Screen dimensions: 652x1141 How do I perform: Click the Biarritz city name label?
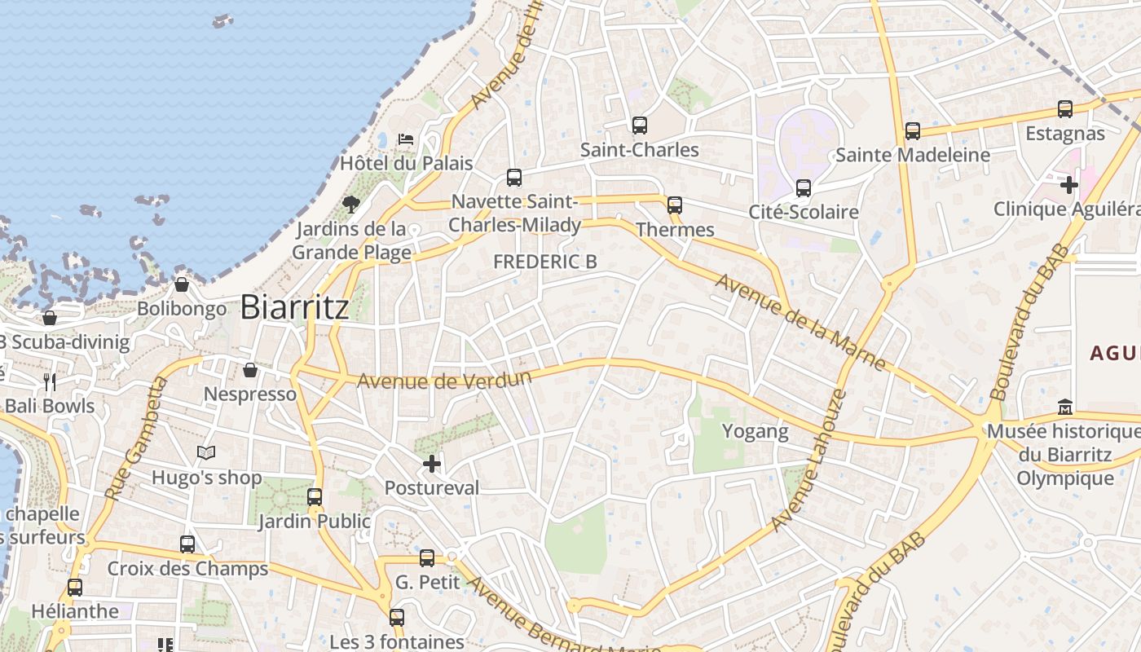294,307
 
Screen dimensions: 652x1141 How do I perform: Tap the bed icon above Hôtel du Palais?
406,139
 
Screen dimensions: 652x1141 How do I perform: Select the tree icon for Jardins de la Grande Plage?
351,204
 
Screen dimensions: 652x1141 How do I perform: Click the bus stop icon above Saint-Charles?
640,126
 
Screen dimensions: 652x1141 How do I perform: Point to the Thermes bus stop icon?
675,205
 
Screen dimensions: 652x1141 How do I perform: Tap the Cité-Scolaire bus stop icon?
804,188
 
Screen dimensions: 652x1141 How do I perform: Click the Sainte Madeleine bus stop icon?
913,131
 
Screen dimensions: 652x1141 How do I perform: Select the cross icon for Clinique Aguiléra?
1069,185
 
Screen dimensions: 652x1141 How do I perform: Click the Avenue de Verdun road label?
444,380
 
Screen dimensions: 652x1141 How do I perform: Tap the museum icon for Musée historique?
1064,406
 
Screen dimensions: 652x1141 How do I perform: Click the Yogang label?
756,431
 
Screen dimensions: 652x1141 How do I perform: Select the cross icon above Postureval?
432,465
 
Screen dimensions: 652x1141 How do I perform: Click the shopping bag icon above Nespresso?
250,370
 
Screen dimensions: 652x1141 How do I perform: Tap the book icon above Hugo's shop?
206,452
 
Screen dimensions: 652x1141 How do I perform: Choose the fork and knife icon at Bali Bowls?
50,381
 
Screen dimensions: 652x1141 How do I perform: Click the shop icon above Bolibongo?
182,284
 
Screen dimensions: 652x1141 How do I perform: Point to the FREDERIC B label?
545,262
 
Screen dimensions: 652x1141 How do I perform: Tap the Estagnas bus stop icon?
1064,109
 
